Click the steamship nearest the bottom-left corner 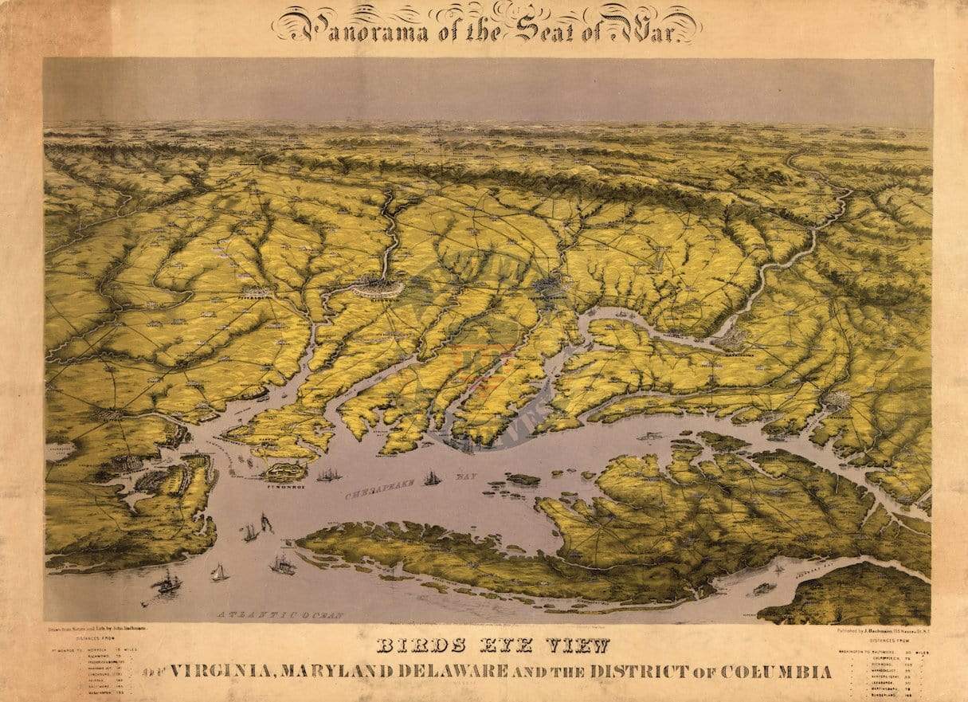167,583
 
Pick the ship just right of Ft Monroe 328,475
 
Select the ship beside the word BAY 432,478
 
